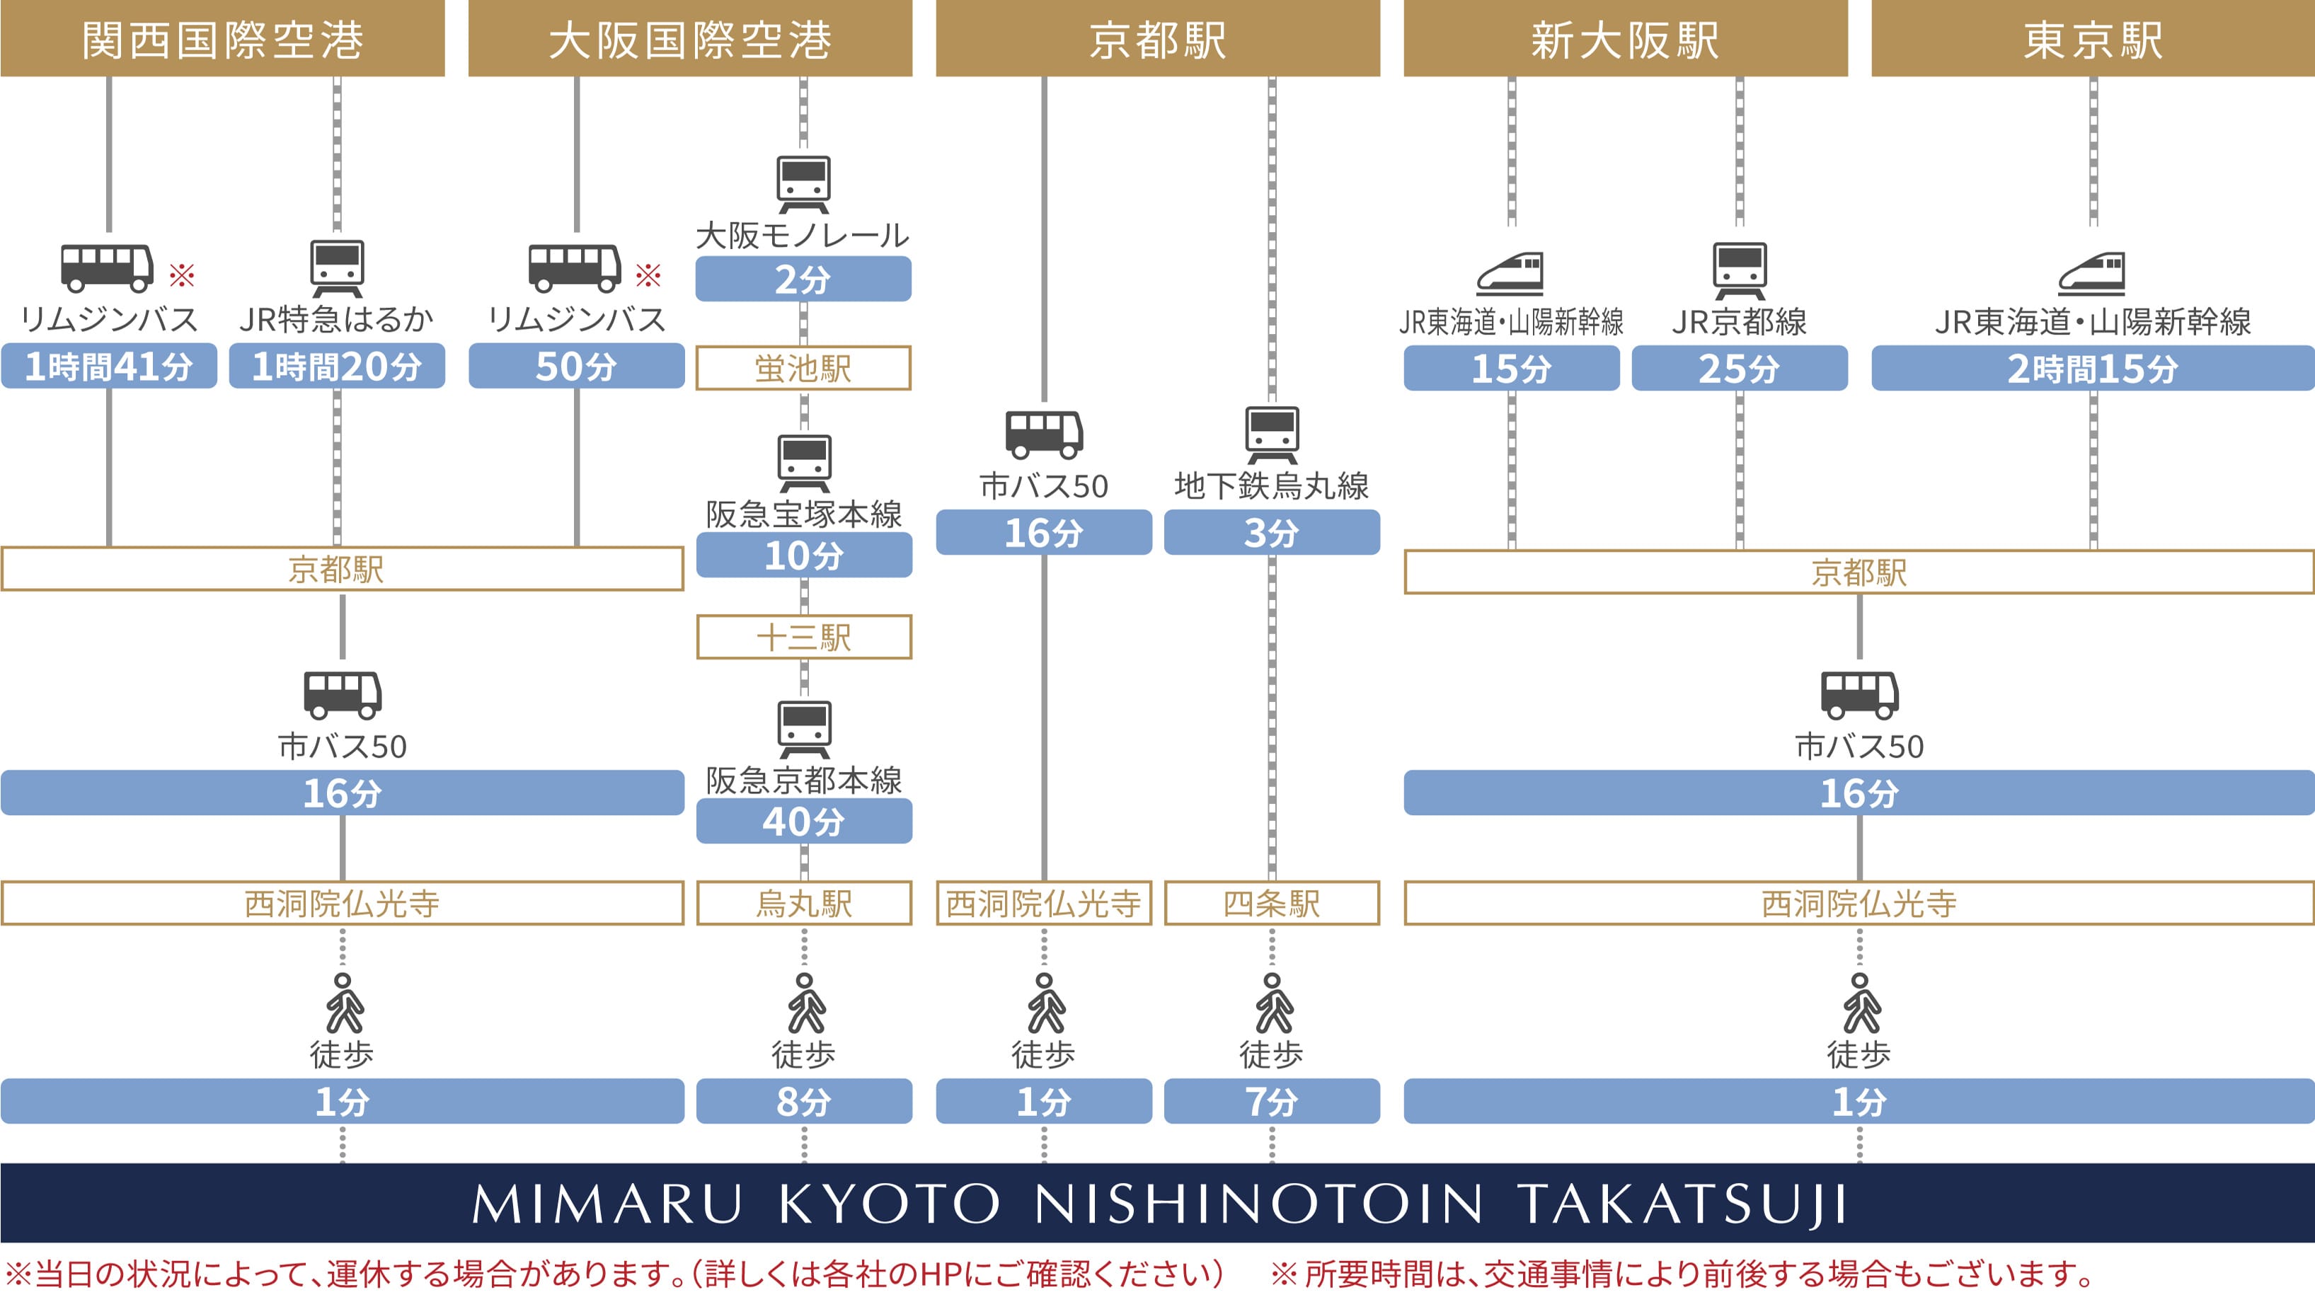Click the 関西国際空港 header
tap(222, 39)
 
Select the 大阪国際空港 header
tap(689, 39)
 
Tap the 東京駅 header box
tap(2092, 39)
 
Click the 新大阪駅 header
tap(1625, 39)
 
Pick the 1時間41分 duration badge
tap(109, 366)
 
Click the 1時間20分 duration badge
tap(337, 366)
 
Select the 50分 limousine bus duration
tap(576, 366)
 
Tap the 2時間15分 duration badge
tap(2092, 369)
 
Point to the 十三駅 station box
tap(803, 637)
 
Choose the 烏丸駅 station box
tap(803, 903)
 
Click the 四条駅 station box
tap(1272, 903)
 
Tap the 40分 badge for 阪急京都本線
tap(803, 822)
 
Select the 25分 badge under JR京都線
tap(1739, 369)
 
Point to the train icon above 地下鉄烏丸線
tap(1272, 434)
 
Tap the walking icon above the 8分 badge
tap(805, 1003)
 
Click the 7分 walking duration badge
tap(1272, 1101)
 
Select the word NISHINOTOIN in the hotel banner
tap(1258, 1203)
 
